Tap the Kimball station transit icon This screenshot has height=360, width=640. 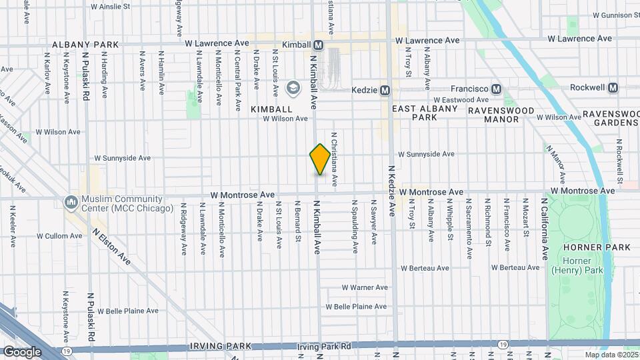click(319, 45)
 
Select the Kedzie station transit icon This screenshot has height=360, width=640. click(385, 90)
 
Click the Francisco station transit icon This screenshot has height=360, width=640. click(496, 89)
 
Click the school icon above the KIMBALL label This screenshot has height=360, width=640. click(292, 87)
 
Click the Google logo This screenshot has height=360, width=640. click(22, 351)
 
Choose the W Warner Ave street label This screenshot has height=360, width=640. click(364, 288)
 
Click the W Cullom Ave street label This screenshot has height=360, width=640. click(59, 236)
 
